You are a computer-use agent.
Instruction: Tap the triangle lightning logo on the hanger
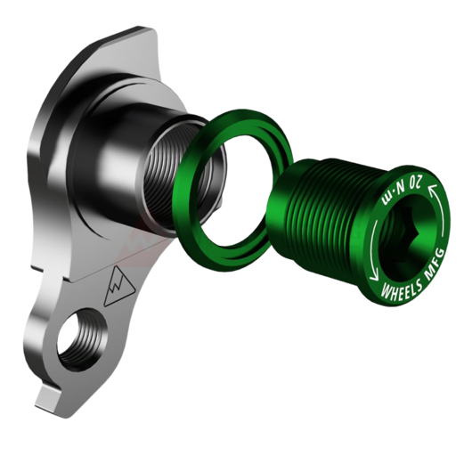click(x=119, y=286)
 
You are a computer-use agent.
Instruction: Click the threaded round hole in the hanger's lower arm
click(x=82, y=338)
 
